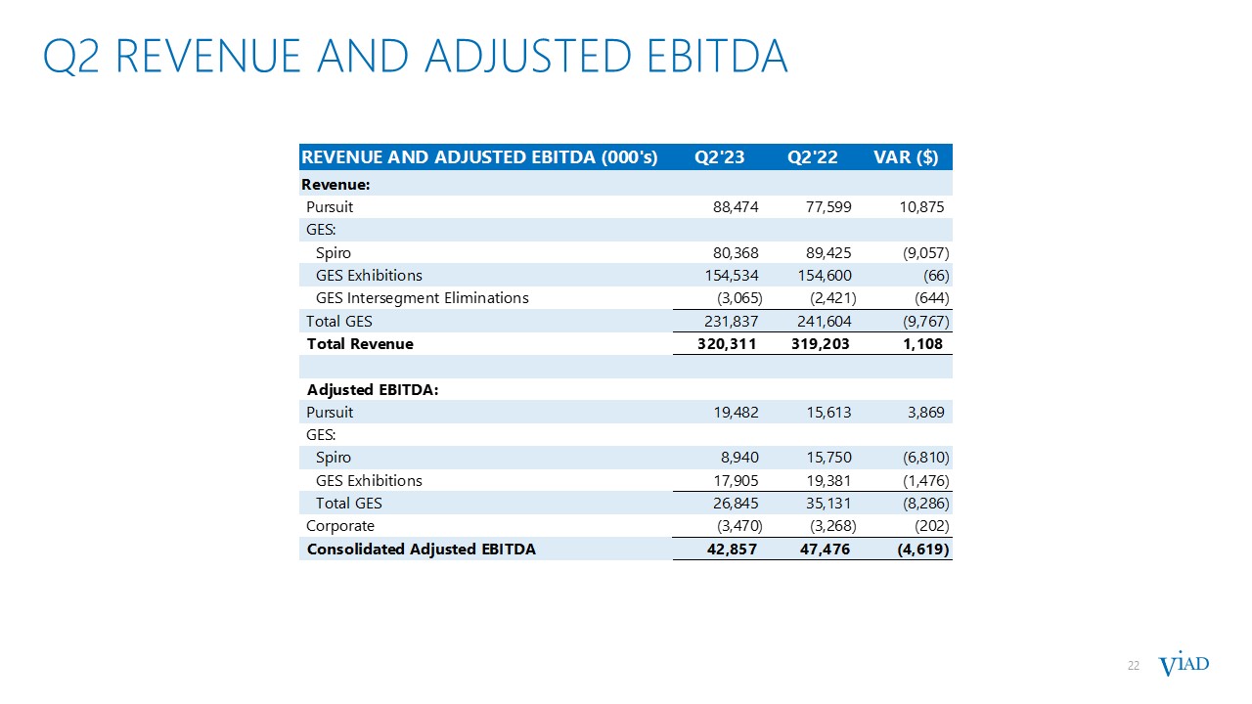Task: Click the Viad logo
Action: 1184,665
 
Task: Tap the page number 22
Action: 1134,666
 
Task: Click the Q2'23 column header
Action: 719,157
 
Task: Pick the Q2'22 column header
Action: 813,157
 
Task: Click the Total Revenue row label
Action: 360,344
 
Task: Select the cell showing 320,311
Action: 725,344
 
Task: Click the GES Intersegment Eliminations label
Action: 422,298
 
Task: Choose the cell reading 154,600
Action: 820,276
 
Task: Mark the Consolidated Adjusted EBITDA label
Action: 421,550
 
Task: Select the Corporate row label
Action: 340,526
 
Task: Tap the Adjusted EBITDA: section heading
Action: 373,389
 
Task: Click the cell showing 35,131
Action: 825,504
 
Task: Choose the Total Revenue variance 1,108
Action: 923,344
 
